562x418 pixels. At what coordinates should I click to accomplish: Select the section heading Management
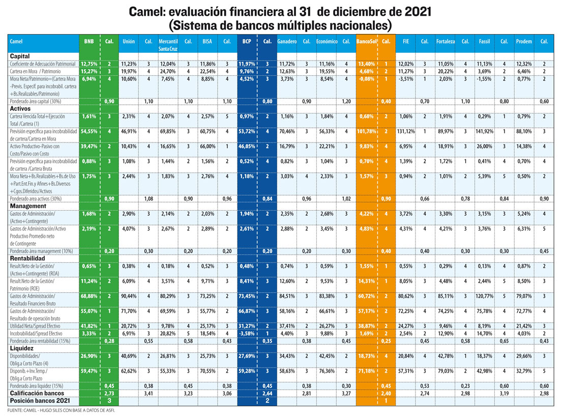point(27,206)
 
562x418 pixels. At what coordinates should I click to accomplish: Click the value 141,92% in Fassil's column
point(485,131)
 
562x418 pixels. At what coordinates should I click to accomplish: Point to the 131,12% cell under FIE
point(406,131)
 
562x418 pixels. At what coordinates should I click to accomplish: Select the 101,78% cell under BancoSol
point(366,131)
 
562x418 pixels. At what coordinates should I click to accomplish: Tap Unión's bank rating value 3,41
point(149,394)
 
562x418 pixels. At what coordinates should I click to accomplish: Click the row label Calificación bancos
point(37,393)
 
